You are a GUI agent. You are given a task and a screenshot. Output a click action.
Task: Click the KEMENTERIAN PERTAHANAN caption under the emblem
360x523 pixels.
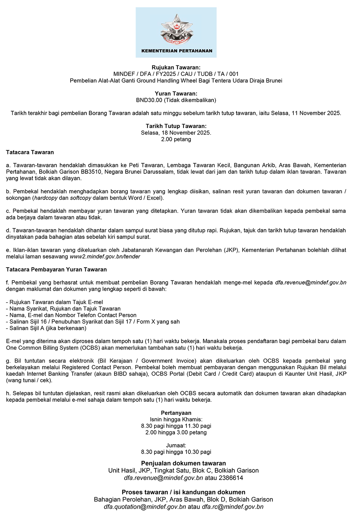pyautogui.click(x=177, y=51)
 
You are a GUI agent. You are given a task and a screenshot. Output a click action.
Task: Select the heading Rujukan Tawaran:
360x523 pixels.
pyautogui.click(x=176, y=67)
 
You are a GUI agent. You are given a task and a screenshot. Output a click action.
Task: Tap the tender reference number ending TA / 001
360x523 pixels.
pyautogui.click(x=176, y=74)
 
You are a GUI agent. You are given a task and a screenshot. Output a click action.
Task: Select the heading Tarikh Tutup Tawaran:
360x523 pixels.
pyautogui.click(x=176, y=126)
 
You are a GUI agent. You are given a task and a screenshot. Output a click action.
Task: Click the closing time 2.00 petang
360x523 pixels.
pyautogui.click(x=176, y=139)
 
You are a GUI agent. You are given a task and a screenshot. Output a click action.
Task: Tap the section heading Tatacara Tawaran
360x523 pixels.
pyautogui.click(x=30, y=152)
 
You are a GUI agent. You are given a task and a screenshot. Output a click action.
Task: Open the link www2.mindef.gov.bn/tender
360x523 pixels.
pyautogui.click(x=105, y=256)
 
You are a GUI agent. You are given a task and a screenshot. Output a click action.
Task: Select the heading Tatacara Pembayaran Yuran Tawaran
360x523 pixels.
pyautogui.click(x=57, y=269)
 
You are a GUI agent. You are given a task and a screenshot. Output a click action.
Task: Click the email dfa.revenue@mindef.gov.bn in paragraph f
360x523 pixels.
pyautogui.click(x=310, y=282)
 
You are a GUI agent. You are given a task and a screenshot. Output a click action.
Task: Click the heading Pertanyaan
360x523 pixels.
pyautogui.click(x=176, y=413)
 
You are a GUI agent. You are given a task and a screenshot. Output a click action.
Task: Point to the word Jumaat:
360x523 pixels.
pyautogui.click(x=176, y=445)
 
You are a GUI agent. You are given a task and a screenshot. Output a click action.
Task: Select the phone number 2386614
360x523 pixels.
pyautogui.click(x=231, y=478)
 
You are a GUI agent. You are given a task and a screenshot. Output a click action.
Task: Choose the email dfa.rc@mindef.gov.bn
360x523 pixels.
pyautogui.click(x=233, y=507)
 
